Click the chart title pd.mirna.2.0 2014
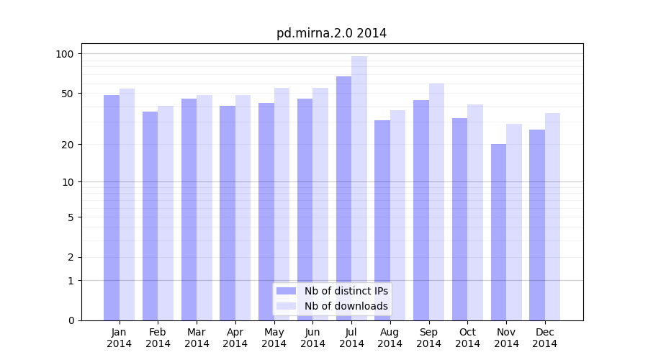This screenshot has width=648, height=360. (331, 33)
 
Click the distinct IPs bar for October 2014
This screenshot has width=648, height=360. (459, 219)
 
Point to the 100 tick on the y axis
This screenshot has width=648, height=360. (65, 54)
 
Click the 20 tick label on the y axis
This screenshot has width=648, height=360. (68, 145)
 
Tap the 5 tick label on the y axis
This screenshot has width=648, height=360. (71, 217)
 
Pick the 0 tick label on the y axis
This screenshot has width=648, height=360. (71, 320)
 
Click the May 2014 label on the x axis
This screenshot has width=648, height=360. (274, 338)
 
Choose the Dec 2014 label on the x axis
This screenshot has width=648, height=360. (544, 338)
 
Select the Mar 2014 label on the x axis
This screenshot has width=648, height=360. (197, 338)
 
